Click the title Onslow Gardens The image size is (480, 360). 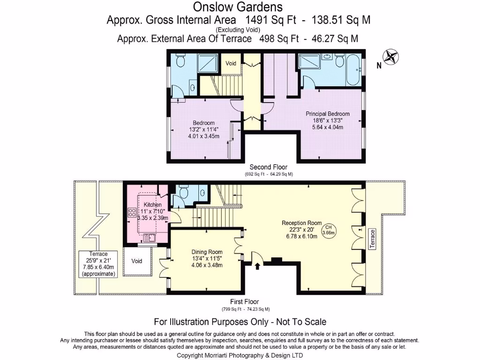pyautogui.click(x=238, y=7)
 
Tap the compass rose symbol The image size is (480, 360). pyautogui.click(x=390, y=57)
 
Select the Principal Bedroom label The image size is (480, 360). pyautogui.click(x=328, y=113)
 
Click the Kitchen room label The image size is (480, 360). pyautogui.click(x=153, y=205)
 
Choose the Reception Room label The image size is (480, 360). pyautogui.click(x=301, y=223)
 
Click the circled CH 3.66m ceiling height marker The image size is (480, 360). pyautogui.click(x=328, y=230)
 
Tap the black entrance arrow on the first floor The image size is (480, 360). pyautogui.click(x=257, y=267)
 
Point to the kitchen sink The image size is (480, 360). pyautogui.click(x=150, y=238)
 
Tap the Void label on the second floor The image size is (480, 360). pyautogui.click(x=231, y=63)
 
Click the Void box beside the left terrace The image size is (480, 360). pyautogui.click(x=137, y=261)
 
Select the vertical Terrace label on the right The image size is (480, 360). pyautogui.click(x=373, y=239)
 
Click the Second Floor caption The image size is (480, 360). pyautogui.click(x=268, y=167)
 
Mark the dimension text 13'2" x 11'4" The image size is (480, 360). pyautogui.click(x=203, y=129)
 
